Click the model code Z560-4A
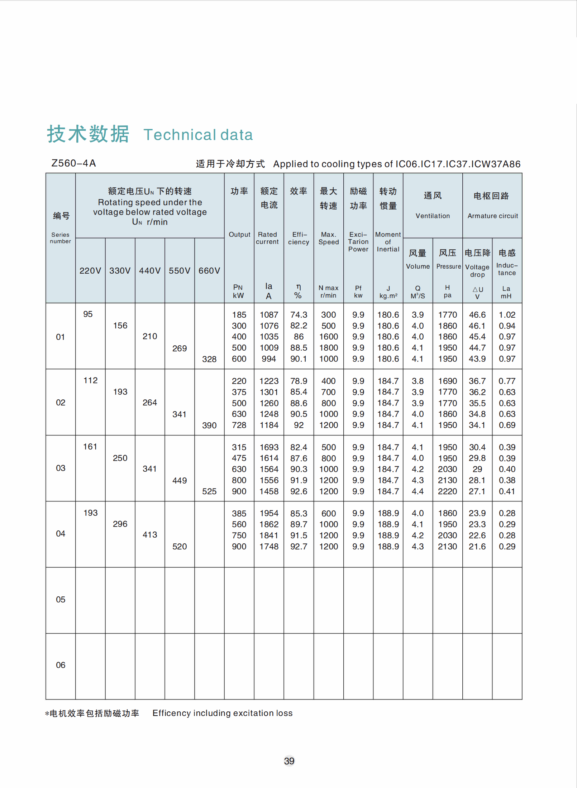pyautogui.click(x=73, y=163)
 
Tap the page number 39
pyautogui.click(x=289, y=761)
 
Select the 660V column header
pyautogui.click(x=209, y=271)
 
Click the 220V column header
pyautogui.click(x=90, y=271)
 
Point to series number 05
pyautogui.click(x=61, y=600)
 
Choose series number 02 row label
pyautogui.click(x=61, y=403)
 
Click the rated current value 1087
pyautogui.click(x=269, y=315)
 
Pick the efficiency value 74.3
pyautogui.click(x=299, y=315)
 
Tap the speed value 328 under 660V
pyautogui.click(x=209, y=359)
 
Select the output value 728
pyautogui.click(x=239, y=425)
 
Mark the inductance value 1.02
pyautogui.click(x=507, y=315)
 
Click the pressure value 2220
pyautogui.click(x=447, y=491)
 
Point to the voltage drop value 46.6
pyautogui.click(x=477, y=315)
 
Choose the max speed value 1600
pyautogui.click(x=328, y=337)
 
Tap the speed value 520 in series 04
pyautogui.click(x=180, y=547)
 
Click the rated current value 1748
pyautogui.click(x=269, y=547)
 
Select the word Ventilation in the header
pyautogui.click(x=433, y=216)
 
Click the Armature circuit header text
pyautogui.click(x=492, y=216)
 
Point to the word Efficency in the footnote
pyautogui.click(x=171, y=713)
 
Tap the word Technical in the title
pyautogui.click(x=179, y=135)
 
